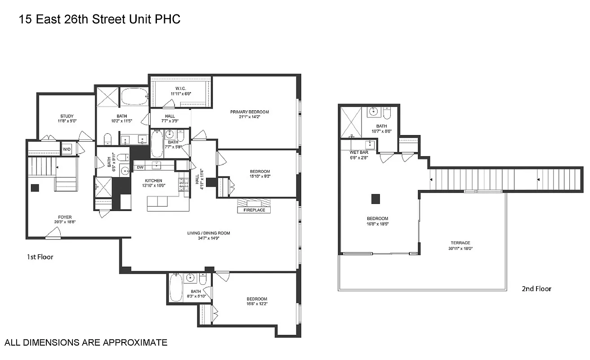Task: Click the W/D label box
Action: tap(67, 149)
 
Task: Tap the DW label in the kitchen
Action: tap(140, 167)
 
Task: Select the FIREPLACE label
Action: tap(254, 210)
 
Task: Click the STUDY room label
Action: tap(67, 116)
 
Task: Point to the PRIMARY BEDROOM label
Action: tap(249, 112)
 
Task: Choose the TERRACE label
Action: tap(459, 243)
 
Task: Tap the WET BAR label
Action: tap(359, 153)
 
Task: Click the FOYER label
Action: tap(65, 217)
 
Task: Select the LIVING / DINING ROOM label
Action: tap(209, 233)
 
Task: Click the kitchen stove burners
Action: tap(183, 184)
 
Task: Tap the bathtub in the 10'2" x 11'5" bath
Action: tap(134, 96)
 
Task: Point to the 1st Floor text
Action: tap(40, 257)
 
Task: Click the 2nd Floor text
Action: tap(536, 288)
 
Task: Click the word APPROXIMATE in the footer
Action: tap(135, 342)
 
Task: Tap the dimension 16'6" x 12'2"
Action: tap(256, 304)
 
